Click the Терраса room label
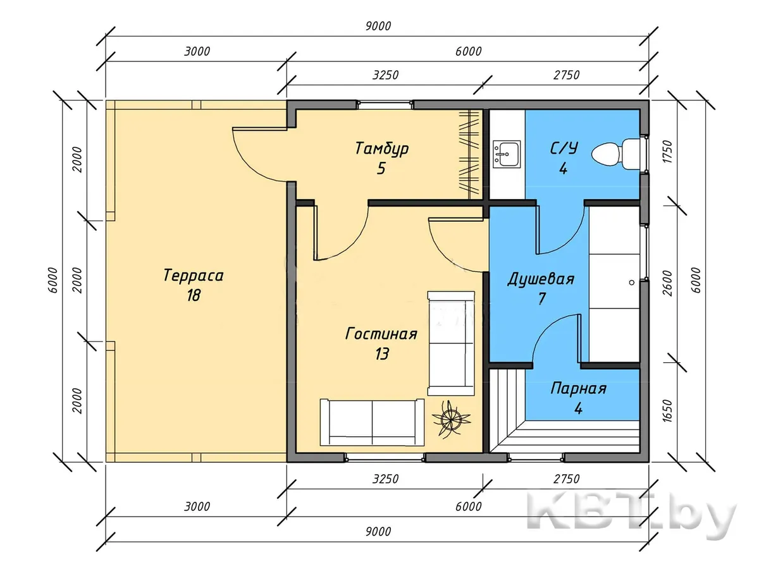pyautogui.click(x=194, y=276)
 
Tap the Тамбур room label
pyautogui.click(x=382, y=149)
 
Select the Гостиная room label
pyautogui.click(x=381, y=334)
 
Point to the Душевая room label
pyautogui.click(x=541, y=279)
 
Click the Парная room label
pyautogui.click(x=578, y=389)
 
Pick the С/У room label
pyautogui.click(x=564, y=148)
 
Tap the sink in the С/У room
pyautogui.click(x=507, y=154)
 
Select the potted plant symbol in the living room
pyautogui.click(x=451, y=420)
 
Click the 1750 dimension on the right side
pyautogui.click(x=668, y=151)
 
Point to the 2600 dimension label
pyautogui.click(x=668, y=283)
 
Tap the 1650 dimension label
pyautogui.click(x=668, y=411)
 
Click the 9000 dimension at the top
pyautogui.click(x=378, y=27)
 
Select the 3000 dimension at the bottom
pyautogui.click(x=197, y=507)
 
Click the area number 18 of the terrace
pyautogui.click(x=194, y=295)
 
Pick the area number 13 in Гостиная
pyautogui.click(x=382, y=354)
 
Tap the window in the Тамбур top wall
pyautogui.click(x=385, y=104)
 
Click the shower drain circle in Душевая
pyautogui.click(x=632, y=283)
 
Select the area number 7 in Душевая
pyautogui.click(x=541, y=298)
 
